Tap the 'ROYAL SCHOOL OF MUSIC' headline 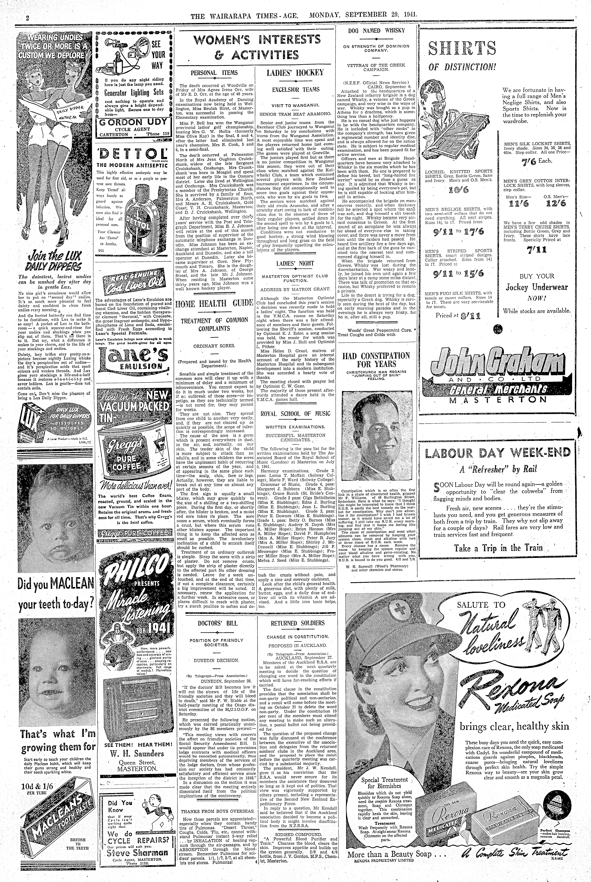pyautogui.click(x=295, y=413)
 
